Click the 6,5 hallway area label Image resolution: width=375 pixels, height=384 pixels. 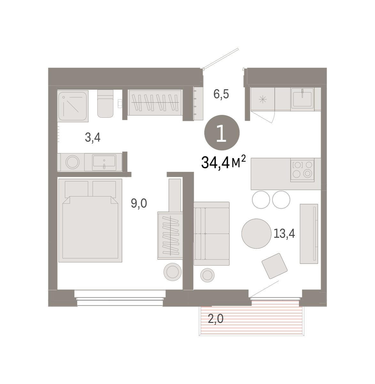[221, 94]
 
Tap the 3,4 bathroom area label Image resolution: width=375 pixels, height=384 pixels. [93, 137]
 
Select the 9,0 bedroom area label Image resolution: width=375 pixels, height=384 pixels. [139, 203]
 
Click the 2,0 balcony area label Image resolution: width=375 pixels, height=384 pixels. [216, 319]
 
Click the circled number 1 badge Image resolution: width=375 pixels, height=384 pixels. [222, 132]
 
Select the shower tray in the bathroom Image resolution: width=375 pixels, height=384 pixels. [73, 106]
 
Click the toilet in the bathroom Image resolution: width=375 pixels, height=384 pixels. [105, 104]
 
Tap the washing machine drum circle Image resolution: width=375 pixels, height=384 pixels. [73, 162]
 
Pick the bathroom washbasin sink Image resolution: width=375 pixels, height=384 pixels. [104, 163]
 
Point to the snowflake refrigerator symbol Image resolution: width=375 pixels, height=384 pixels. [263, 99]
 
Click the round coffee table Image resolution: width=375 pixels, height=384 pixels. [256, 233]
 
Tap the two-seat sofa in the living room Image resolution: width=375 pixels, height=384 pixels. [211, 233]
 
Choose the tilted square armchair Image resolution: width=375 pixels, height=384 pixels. [274, 266]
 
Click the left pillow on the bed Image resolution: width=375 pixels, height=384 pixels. [76, 189]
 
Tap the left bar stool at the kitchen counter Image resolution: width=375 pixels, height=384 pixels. [261, 199]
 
